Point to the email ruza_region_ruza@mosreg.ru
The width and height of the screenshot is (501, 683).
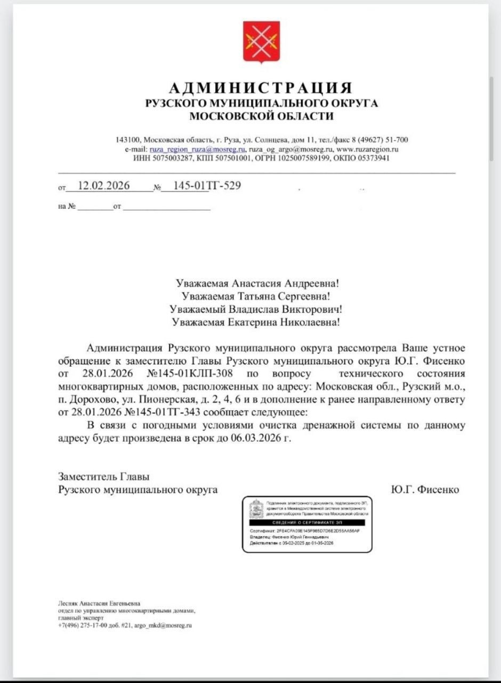(197, 149)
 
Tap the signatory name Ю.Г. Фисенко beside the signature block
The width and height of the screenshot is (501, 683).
(425, 489)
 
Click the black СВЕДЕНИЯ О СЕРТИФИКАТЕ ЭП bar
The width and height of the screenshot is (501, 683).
(306, 522)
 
